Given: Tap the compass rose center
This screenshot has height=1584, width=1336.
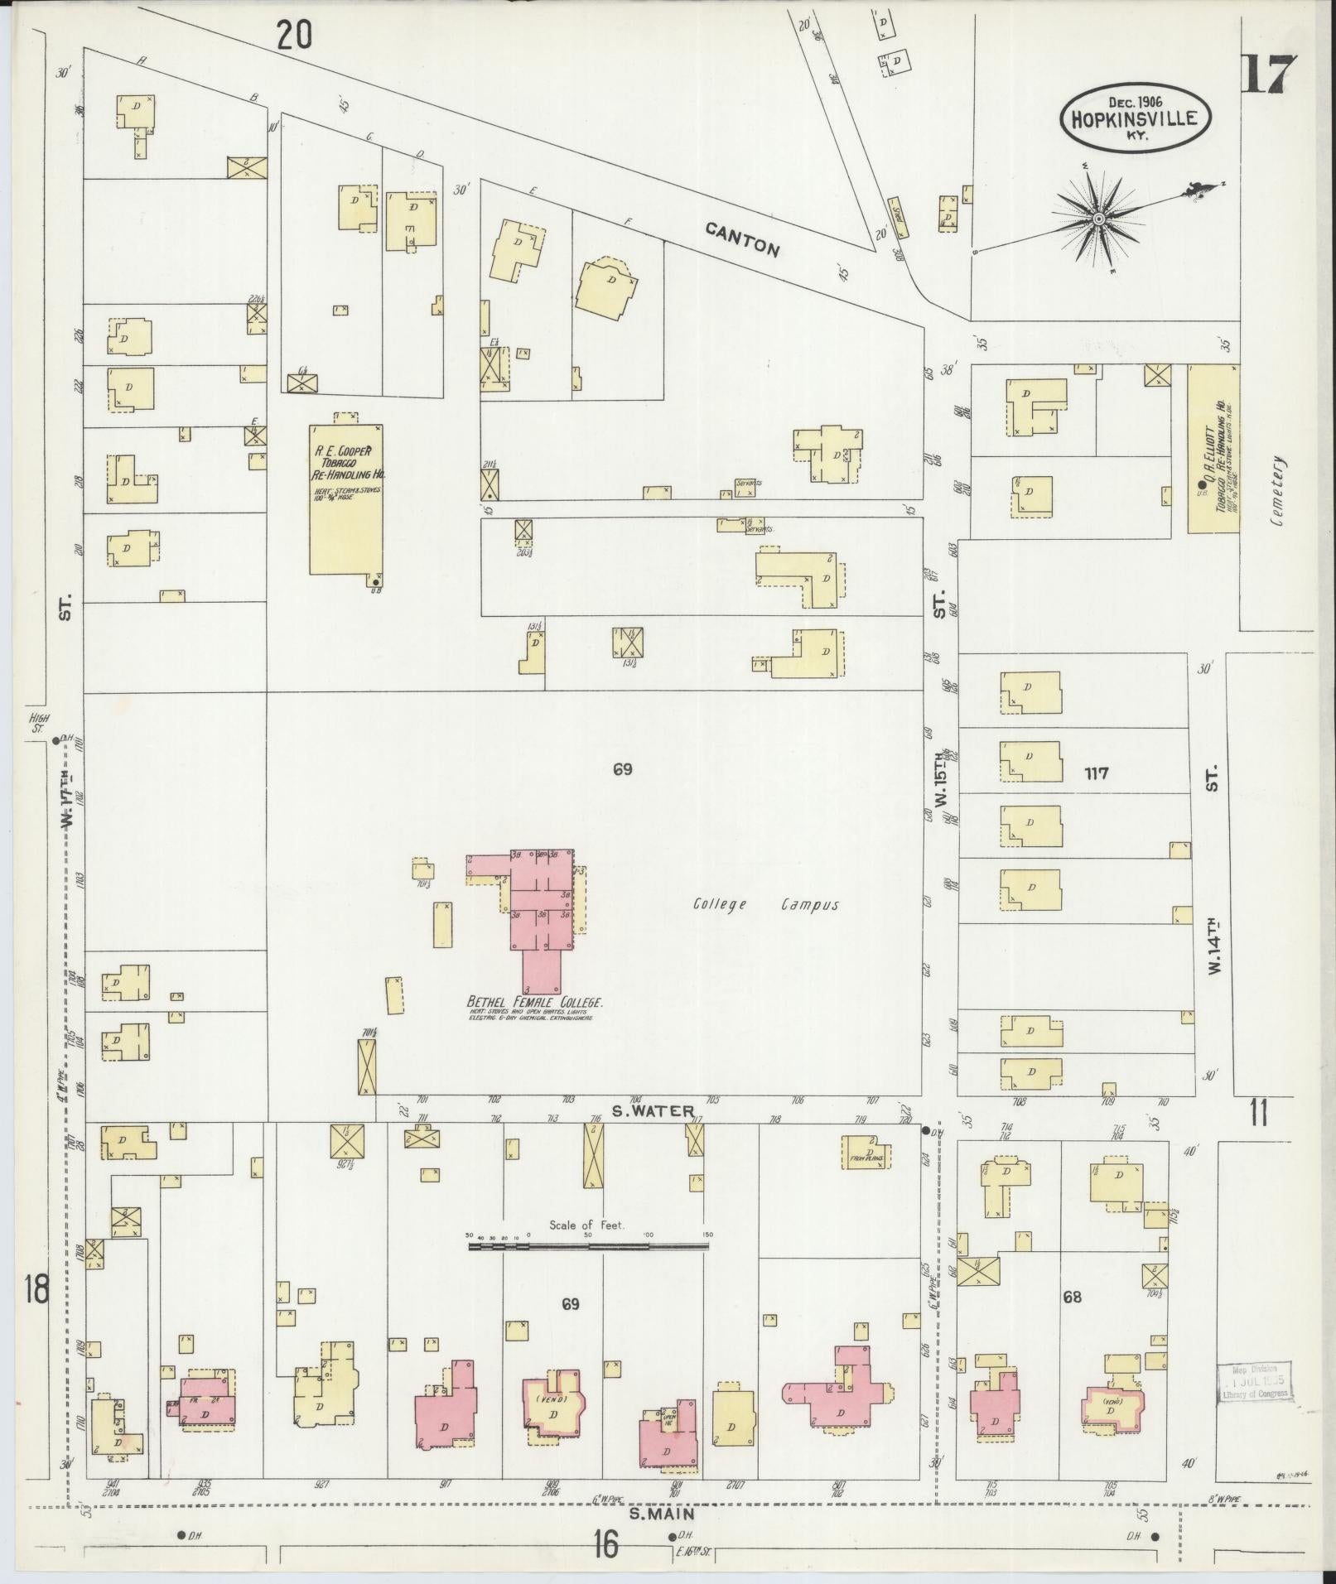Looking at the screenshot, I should (x=1098, y=219).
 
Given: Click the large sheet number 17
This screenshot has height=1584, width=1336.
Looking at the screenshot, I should (x=1269, y=75).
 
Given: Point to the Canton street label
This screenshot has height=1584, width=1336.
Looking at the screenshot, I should (x=743, y=238).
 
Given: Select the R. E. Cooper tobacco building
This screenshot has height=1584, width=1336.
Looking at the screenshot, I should (x=345, y=499).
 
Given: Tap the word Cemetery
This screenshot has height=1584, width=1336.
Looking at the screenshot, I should (x=1281, y=493).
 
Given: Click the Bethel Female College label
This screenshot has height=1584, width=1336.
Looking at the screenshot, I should (x=535, y=1003).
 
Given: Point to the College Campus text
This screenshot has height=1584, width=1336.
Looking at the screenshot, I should (x=766, y=905).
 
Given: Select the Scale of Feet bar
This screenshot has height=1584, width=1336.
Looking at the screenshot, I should (x=589, y=1267).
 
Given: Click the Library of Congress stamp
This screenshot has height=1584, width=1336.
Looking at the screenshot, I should (x=1254, y=1380).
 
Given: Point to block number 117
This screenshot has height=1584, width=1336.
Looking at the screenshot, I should (x=1095, y=773).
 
